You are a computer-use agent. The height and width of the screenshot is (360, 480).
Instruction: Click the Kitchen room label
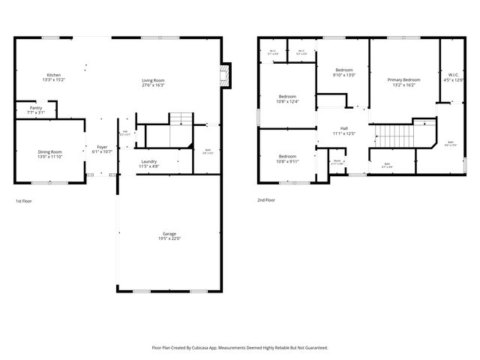(x=53, y=75)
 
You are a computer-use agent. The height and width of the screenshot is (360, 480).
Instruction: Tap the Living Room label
(x=154, y=80)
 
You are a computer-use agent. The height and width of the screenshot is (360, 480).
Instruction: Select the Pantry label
(x=36, y=108)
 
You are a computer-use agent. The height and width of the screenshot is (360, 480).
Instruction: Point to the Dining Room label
(x=50, y=152)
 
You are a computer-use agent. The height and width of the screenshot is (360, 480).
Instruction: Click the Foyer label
(x=102, y=147)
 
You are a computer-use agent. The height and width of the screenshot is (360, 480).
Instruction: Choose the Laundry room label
(x=148, y=161)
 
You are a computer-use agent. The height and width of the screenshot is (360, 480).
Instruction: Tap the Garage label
(x=169, y=233)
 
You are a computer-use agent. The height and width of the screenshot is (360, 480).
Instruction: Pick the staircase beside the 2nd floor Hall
(x=391, y=136)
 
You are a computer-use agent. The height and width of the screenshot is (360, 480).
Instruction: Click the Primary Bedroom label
(x=403, y=79)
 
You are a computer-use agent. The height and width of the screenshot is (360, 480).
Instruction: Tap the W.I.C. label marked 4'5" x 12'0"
(x=454, y=75)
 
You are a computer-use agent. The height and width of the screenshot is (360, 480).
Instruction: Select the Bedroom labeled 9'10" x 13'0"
(x=343, y=70)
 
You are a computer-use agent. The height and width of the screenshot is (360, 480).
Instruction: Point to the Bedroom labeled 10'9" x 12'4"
(x=288, y=96)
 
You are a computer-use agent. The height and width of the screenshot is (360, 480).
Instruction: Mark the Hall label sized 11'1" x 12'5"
(x=343, y=128)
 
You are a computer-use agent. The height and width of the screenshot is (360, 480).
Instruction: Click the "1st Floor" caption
(x=24, y=201)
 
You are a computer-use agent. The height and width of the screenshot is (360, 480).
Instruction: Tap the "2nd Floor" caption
(x=266, y=200)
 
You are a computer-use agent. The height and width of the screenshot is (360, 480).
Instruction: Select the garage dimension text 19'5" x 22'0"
(x=169, y=238)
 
